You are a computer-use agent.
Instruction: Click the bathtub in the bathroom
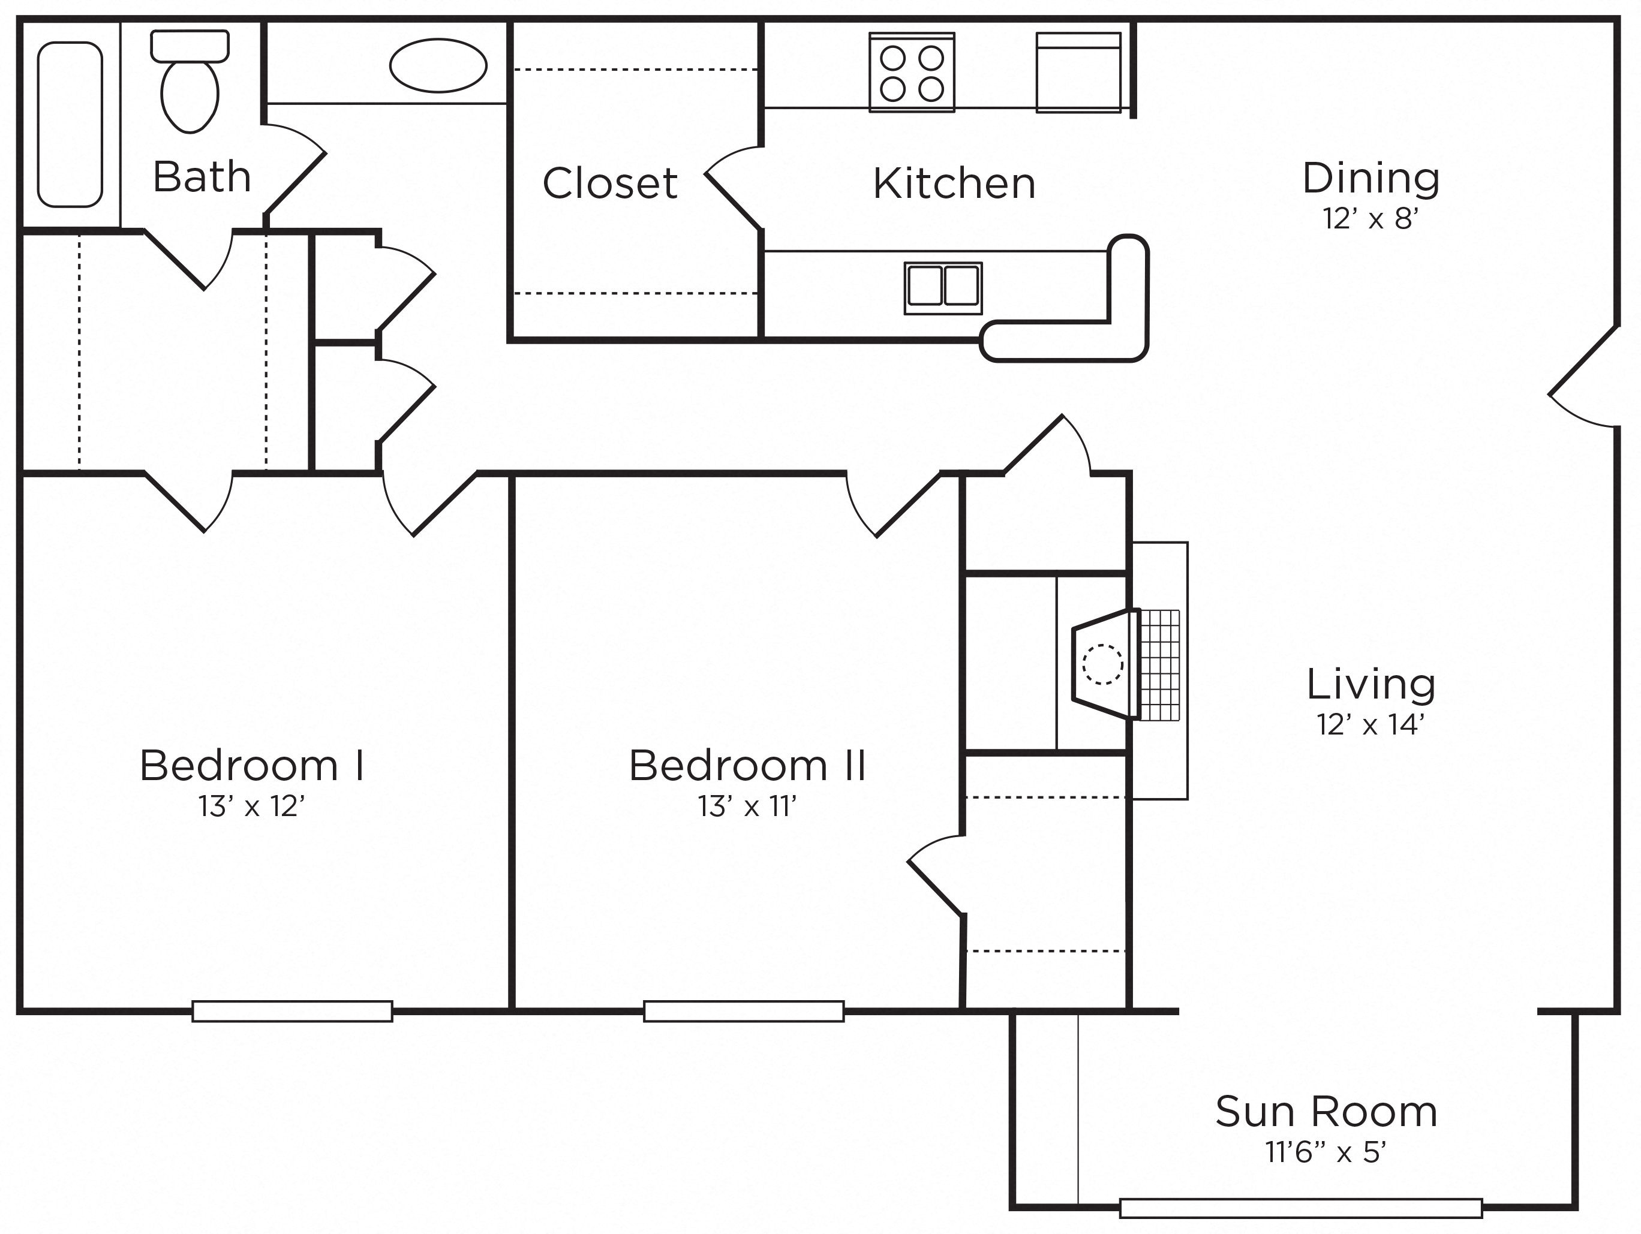tap(70, 125)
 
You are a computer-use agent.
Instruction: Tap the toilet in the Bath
tap(190, 82)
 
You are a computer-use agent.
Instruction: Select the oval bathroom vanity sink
tap(438, 65)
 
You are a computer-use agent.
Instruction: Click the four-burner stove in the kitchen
tap(912, 73)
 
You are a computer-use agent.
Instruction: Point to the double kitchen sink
tap(943, 288)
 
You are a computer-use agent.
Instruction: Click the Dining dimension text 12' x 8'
tap(1370, 219)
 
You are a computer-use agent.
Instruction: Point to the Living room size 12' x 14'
tap(1370, 724)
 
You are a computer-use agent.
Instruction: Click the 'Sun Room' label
tap(1327, 1112)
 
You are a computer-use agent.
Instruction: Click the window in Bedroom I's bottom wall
tap(292, 1012)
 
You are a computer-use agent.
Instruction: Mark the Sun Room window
tap(1302, 1209)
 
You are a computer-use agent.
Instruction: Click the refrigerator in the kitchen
tap(1078, 73)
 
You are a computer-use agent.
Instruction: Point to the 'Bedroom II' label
tap(747, 765)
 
